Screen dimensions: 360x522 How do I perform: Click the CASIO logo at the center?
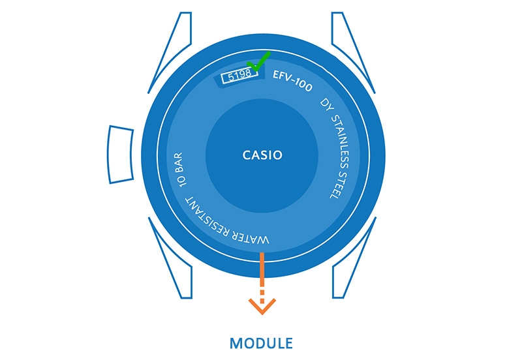pyautogui.click(x=262, y=155)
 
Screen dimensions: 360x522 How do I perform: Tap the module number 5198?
pyautogui.click(x=237, y=76)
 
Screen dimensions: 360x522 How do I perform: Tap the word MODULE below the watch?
pyautogui.click(x=261, y=342)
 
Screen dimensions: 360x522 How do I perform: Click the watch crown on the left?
pyautogui.click(x=120, y=154)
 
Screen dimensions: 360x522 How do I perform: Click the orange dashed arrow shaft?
pyautogui.click(x=262, y=274)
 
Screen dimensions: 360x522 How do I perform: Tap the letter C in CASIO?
pyautogui.click(x=247, y=155)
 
